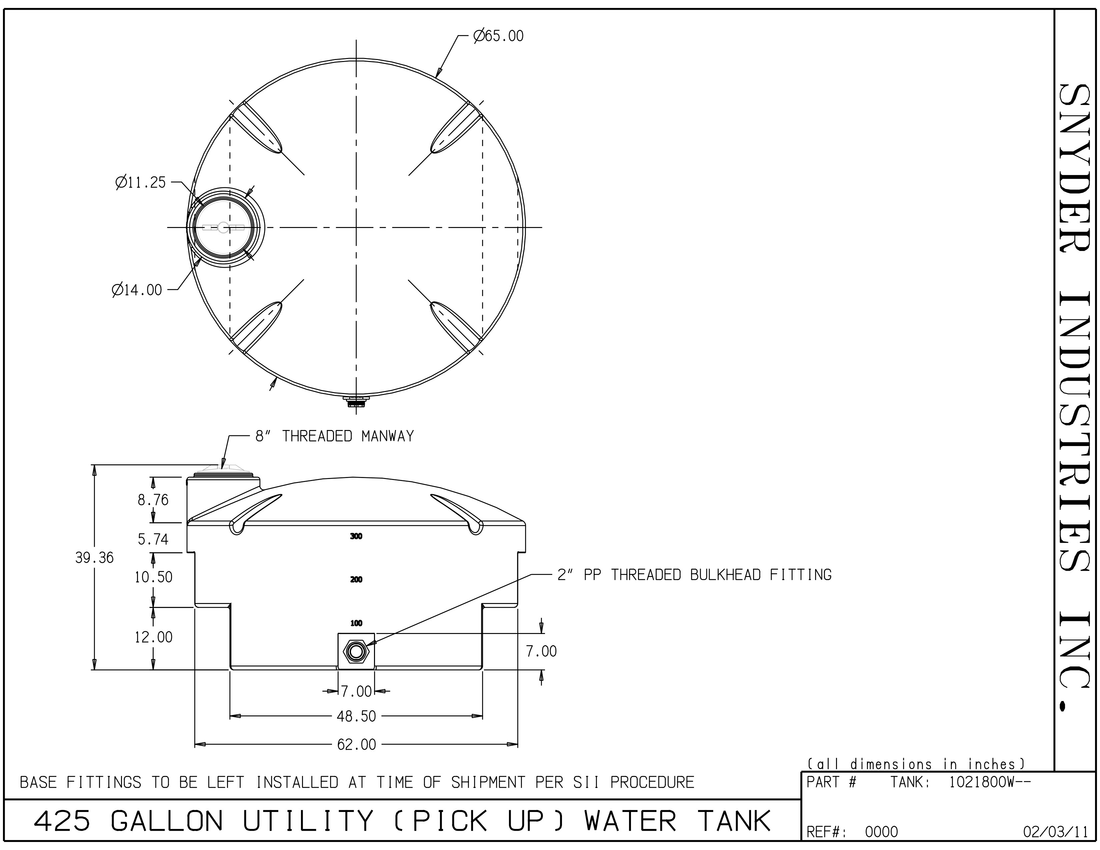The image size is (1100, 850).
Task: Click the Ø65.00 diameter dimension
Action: (x=499, y=36)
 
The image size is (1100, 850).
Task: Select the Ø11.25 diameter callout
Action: (x=141, y=182)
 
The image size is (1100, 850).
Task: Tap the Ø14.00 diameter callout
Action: (x=137, y=290)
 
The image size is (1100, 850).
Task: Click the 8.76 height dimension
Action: (x=153, y=500)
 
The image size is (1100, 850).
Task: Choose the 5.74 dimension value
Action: (x=153, y=539)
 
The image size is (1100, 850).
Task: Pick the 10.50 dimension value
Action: (x=153, y=577)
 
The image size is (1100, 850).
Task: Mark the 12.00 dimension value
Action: (x=153, y=637)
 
